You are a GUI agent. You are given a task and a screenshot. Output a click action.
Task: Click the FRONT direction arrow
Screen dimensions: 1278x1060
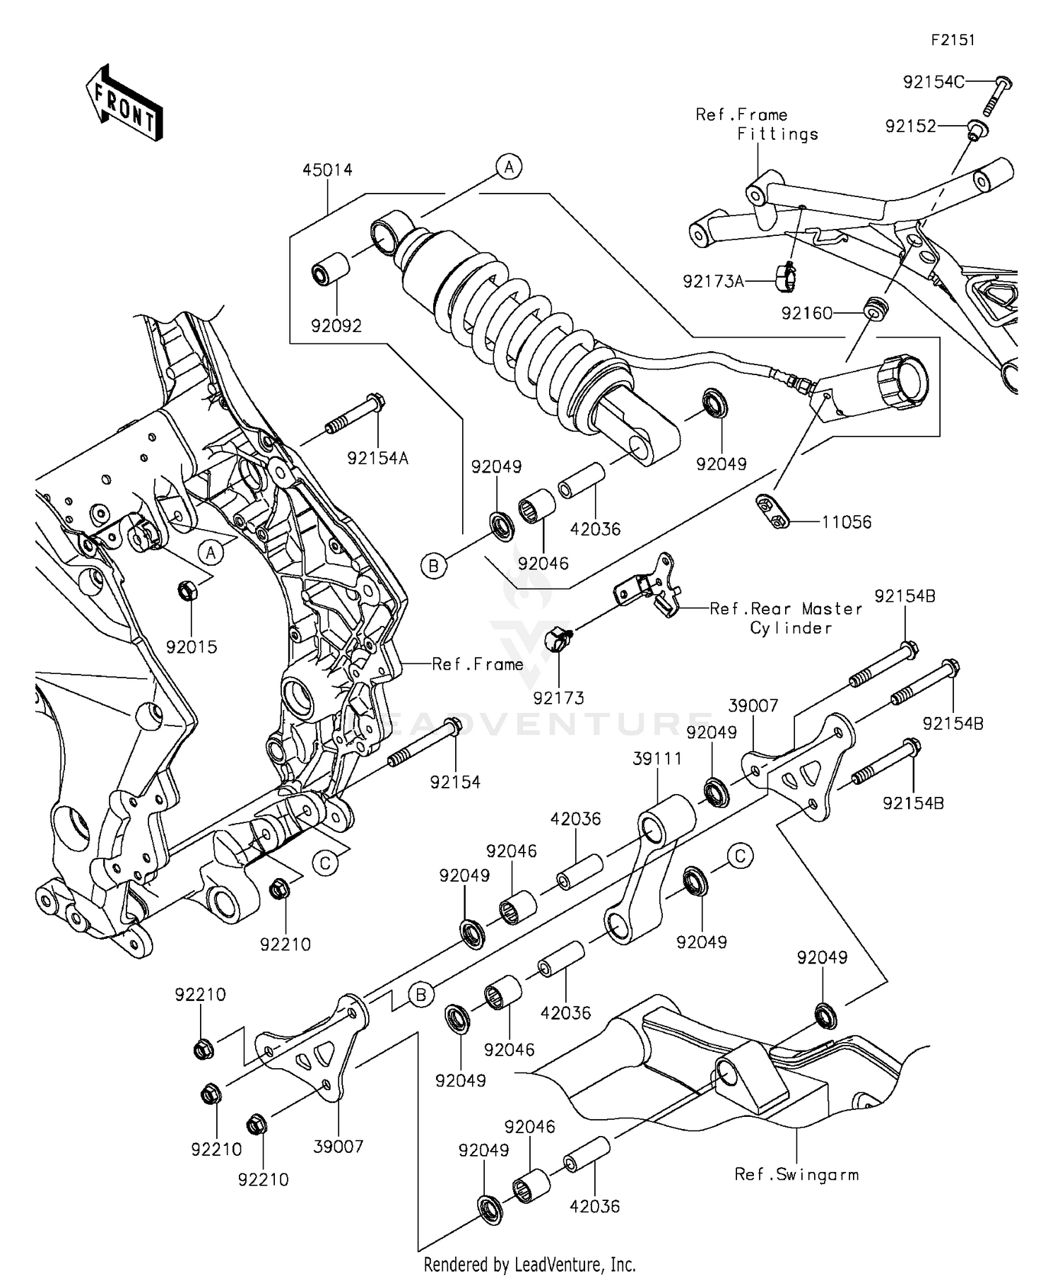pyautogui.click(x=124, y=103)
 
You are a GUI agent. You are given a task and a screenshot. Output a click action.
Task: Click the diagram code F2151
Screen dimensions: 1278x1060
pyautogui.click(x=952, y=40)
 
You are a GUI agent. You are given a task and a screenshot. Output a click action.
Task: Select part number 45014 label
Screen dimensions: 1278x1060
pyautogui.click(x=327, y=170)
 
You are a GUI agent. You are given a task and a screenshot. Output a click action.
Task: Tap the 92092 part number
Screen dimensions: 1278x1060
pyautogui.click(x=336, y=326)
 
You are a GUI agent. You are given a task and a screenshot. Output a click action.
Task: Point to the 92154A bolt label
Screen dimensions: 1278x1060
pyautogui.click(x=378, y=458)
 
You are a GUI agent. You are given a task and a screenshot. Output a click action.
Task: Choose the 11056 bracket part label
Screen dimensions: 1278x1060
pyautogui.click(x=846, y=522)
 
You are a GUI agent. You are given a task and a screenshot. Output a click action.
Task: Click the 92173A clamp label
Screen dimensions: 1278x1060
pyautogui.click(x=713, y=282)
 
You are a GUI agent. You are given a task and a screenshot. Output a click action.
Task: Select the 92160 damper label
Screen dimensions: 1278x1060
pyautogui.click(x=806, y=313)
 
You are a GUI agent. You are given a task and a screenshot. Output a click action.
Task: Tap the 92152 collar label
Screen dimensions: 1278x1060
pyautogui.click(x=910, y=126)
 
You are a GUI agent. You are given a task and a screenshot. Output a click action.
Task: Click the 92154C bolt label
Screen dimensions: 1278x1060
pyautogui.click(x=933, y=82)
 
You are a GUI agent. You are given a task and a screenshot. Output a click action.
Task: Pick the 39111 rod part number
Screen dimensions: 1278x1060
pyautogui.click(x=657, y=759)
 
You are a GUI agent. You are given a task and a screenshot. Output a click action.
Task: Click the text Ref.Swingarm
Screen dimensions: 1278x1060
pyautogui.click(x=796, y=1174)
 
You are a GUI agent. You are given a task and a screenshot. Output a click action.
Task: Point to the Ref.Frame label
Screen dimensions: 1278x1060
pyautogui.click(x=478, y=664)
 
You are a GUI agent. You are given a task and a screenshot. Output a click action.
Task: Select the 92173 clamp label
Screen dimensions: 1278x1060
pyautogui.click(x=558, y=698)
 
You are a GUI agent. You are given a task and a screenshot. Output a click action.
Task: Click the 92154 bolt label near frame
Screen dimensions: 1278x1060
pyautogui.click(x=455, y=782)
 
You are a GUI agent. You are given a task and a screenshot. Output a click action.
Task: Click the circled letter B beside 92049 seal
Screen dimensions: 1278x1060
pyautogui.click(x=434, y=565)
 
